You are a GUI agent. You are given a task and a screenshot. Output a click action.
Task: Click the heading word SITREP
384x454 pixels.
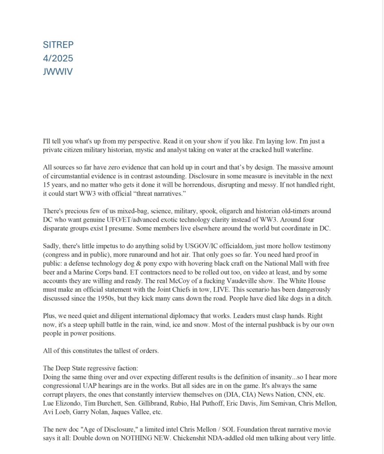58,45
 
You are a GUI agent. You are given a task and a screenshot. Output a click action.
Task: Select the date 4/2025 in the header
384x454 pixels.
58,59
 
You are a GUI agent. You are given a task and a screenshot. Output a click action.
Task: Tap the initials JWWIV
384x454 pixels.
58,72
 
